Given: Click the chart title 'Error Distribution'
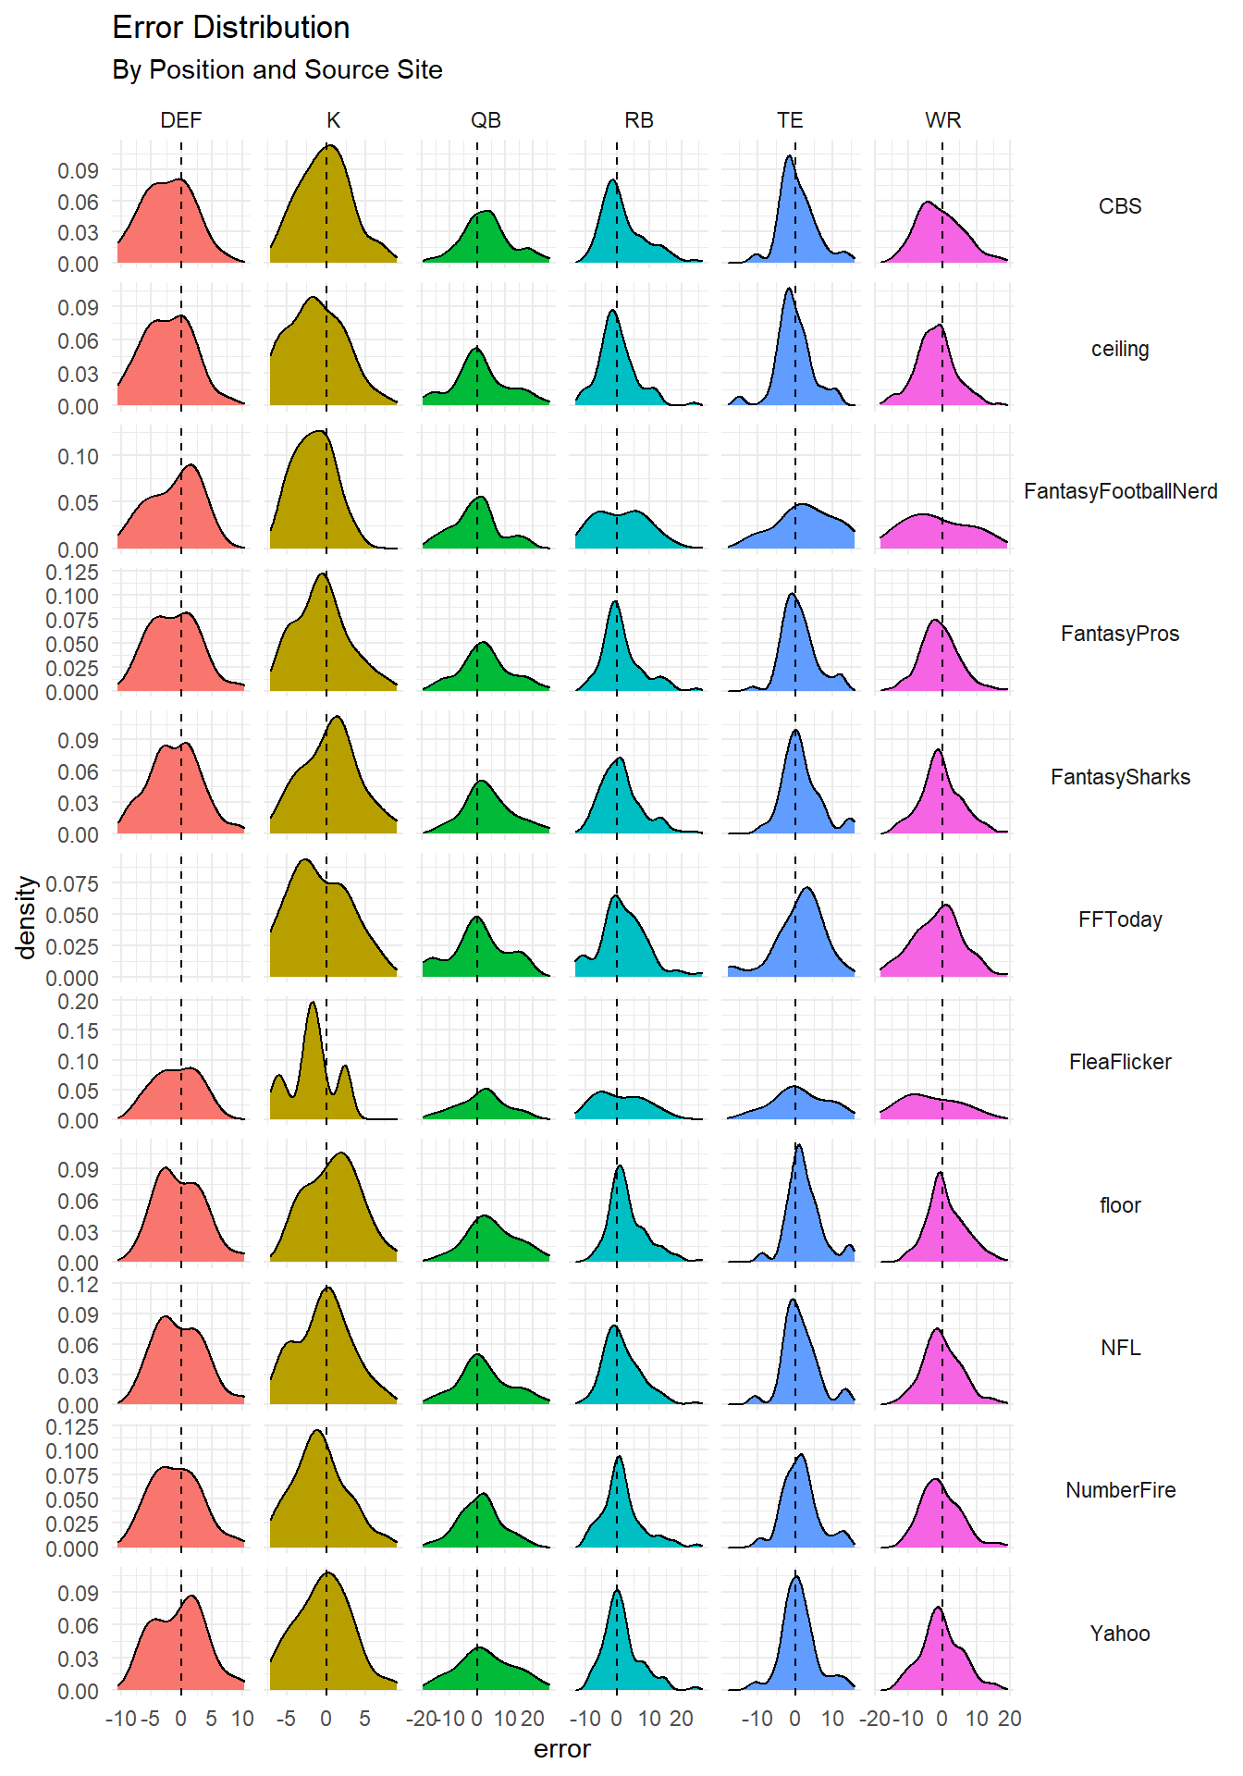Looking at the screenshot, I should tap(230, 28).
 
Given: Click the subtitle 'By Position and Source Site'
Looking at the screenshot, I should tap(277, 70).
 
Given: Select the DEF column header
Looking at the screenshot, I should tap(180, 120).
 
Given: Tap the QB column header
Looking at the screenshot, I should tap(486, 120).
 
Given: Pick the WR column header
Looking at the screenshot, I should tap(942, 120).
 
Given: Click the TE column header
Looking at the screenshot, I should tap(790, 120).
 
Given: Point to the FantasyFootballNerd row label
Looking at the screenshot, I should tap(1120, 491).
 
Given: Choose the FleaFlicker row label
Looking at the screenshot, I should tap(1120, 1062).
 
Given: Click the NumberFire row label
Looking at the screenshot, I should tap(1120, 1490).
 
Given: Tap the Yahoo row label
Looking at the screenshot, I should tap(1120, 1634).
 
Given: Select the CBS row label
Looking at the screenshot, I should tap(1120, 206).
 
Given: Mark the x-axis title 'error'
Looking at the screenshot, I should tap(561, 1749).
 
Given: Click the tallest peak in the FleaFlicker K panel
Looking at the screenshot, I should tap(313, 1003).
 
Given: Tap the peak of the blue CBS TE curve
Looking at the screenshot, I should tap(789, 156).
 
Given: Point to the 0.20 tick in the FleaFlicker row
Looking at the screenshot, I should tap(78, 1001).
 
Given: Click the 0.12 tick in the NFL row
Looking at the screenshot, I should tap(78, 1284).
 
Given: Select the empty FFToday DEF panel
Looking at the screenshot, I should tap(181, 916).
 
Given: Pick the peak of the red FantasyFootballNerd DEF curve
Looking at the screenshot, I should tap(191, 465).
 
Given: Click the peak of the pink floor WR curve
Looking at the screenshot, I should tap(940, 1173).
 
